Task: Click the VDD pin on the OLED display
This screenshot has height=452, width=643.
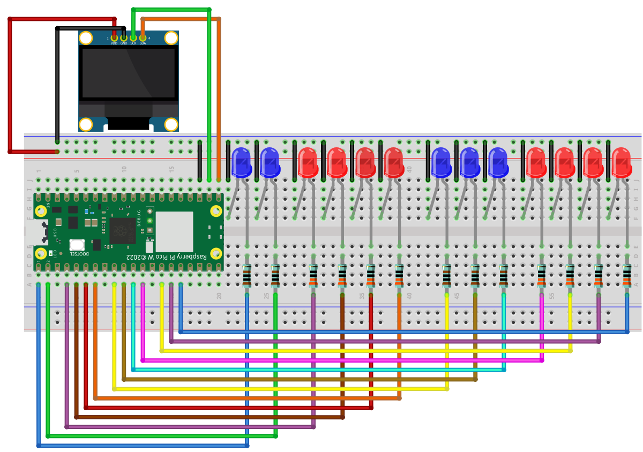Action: tap(114, 38)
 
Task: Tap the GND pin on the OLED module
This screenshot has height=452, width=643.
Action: tap(124, 38)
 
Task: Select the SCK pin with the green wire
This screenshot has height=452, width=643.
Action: tap(133, 38)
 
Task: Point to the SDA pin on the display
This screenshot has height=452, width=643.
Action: tap(143, 38)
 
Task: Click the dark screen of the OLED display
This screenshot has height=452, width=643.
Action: tap(128, 73)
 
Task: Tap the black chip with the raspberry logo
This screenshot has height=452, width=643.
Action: tap(122, 231)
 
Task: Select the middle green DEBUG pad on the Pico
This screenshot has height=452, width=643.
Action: tap(151, 220)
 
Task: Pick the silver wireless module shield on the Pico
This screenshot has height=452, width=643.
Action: tap(174, 231)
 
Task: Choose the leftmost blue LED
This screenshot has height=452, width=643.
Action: tap(241, 163)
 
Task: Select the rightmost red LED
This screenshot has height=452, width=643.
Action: tap(622, 163)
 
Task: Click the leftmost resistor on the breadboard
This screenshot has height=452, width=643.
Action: tap(247, 276)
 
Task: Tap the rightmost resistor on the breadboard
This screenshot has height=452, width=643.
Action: tap(627, 276)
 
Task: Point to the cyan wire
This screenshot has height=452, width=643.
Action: tap(322, 370)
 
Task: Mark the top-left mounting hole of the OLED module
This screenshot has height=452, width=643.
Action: tap(86, 38)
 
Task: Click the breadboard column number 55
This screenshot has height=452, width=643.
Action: tap(551, 296)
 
